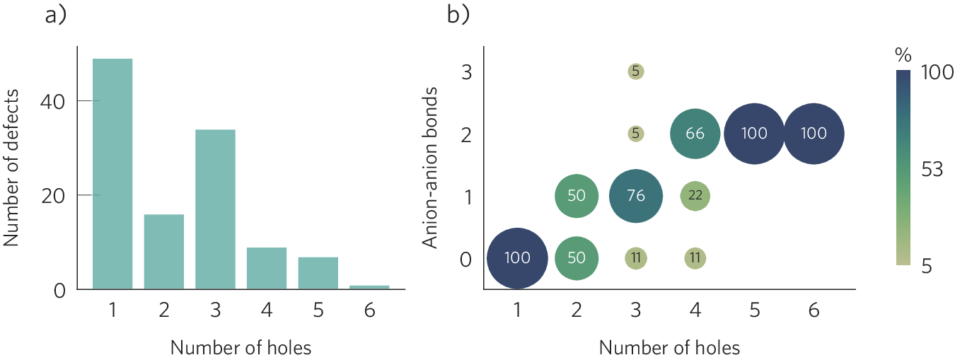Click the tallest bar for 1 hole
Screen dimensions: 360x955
point(112,173)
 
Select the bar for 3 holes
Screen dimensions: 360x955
point(215,209)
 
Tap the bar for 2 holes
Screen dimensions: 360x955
point(163,251)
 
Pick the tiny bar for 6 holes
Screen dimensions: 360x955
point(369,286)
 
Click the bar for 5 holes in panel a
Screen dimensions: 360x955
point(318,272)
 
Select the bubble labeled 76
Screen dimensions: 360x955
point(636,196)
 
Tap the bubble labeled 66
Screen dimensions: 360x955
point(695,133)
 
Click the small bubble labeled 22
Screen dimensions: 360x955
point(695,196)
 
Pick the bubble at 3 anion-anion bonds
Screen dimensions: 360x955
point(636,71)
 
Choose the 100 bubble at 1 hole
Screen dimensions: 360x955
point(517,258)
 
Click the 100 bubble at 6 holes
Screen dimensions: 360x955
point(814,133)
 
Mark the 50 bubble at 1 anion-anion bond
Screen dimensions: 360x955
point(577,196)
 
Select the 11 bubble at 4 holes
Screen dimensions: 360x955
point(695,258)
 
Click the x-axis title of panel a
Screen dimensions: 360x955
point(241,347)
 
